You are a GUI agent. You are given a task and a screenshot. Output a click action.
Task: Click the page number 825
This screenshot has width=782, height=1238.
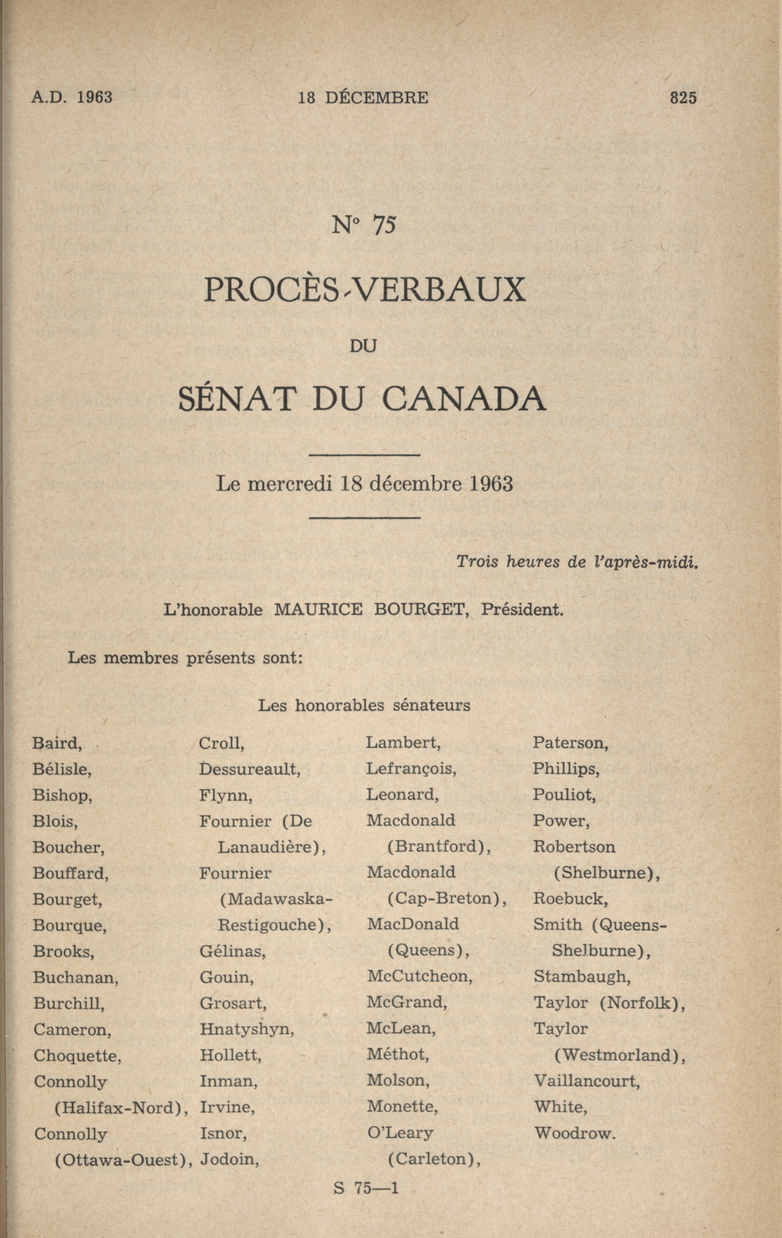click(x=683, y=98)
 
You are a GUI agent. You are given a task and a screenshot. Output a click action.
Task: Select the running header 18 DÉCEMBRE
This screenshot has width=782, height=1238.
click(x=363, y=98)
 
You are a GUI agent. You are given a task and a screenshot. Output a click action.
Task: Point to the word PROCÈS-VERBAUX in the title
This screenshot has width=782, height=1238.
click(x=365, y=289)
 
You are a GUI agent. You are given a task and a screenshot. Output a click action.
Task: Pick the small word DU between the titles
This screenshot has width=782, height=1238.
click(x=363, y=346)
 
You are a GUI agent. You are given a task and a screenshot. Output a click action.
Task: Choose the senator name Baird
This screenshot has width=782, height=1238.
click(x=57, y=743)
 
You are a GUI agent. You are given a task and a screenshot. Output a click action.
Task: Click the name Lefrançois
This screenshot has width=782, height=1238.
click(x=411, y=769)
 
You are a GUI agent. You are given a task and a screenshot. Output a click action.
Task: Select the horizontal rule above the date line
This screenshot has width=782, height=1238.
click(x=365, y=455)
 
